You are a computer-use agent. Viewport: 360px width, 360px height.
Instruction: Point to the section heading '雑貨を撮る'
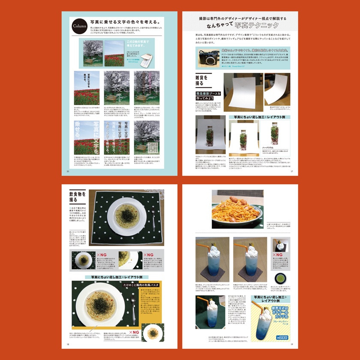[x=200, y=81]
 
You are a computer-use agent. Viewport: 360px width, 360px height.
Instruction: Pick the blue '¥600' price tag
[x=281, y=336]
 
